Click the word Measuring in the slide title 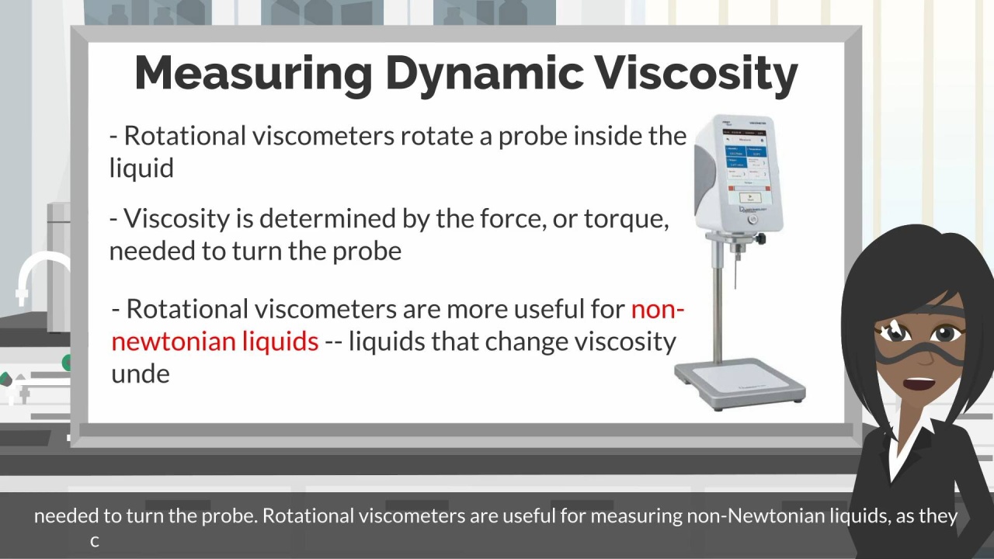(x=253, y=75)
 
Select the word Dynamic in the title (x=484, y=75)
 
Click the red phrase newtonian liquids (x=215, y=342)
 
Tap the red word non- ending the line (x=657, y=309)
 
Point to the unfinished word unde (x=141, y=373)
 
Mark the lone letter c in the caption (x=95, y=542)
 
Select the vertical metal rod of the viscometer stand (x=718, y=311)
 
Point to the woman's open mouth (x=919, y=383)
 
